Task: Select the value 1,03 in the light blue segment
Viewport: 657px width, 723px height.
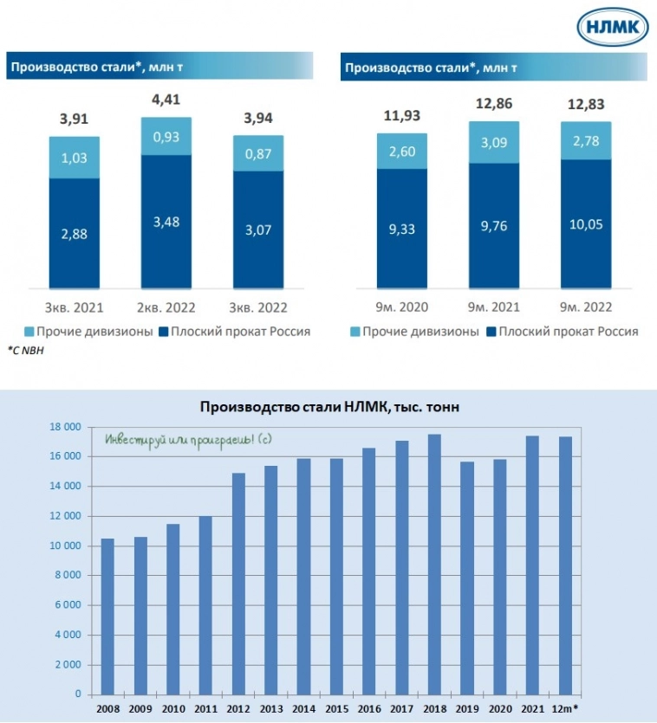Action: click(x=74, y=157)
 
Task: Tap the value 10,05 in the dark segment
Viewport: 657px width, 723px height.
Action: click(x=585, y=225)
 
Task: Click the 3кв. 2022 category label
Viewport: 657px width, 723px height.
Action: click(x=258, y=308)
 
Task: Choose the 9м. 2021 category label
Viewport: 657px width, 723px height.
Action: click(x=493, y=308)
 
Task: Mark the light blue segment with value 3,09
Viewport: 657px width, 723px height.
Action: click(x=493, y=142)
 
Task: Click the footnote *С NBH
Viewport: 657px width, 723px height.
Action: click(x=25, y=350)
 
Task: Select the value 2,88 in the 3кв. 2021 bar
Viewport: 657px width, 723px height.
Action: click(x=74, y=233)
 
